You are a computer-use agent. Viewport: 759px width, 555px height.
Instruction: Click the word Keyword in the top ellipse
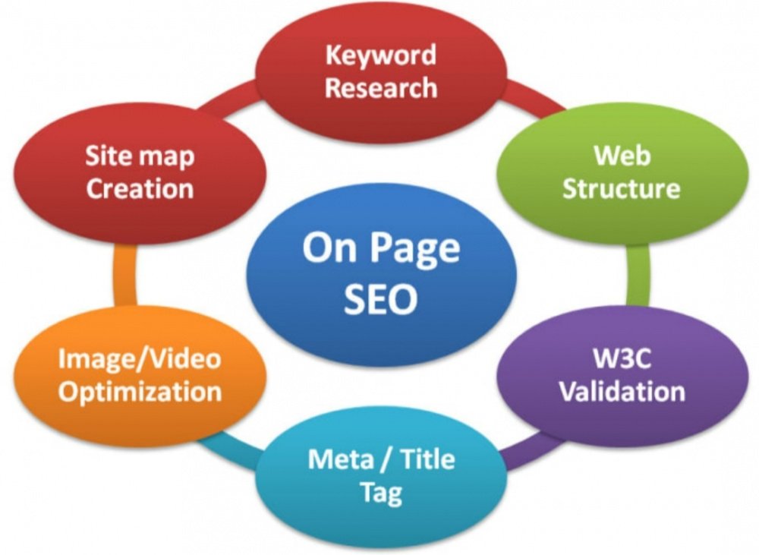pos(381,56)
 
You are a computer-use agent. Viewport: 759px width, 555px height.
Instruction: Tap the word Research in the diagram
pos(381,87)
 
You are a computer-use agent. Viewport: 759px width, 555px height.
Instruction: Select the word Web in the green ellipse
pos(622,156)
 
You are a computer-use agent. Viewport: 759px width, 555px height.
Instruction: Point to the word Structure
pos(622,188)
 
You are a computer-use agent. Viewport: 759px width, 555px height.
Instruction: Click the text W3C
pos(622,358)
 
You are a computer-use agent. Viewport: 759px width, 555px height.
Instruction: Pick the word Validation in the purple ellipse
pos(622,391)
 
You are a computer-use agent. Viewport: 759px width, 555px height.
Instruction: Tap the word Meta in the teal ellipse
pos(340,459)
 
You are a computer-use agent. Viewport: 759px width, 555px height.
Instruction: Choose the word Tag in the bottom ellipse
pos(382,493)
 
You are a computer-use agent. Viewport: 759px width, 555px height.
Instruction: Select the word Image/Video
pos(140,359)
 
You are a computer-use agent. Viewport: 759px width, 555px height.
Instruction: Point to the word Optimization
pos(140,391)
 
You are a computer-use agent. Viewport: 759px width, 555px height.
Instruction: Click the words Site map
pos(140,156)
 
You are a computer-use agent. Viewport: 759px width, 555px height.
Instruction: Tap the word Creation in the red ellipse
pos(140,188)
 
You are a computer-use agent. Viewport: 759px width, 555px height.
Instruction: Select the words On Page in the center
pos(381,248)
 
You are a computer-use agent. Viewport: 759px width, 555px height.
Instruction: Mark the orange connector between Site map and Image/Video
pos(125,275)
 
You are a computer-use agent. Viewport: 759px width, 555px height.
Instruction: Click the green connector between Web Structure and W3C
pos(638,275)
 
